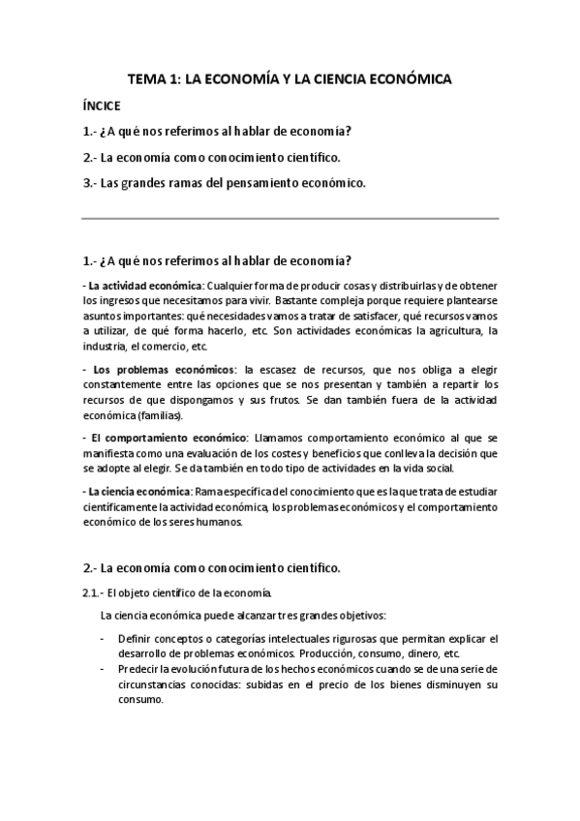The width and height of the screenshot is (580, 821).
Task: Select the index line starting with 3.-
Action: pyautogui.click(x=225, y=181)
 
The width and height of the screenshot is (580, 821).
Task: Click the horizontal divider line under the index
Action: pyautogui.click(x=290, y=219)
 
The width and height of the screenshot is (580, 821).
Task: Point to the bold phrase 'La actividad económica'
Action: pyautogui.click(x=144, y=284)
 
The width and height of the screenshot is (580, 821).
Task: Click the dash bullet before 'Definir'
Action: pyautogui.click(x=104, y=639)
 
